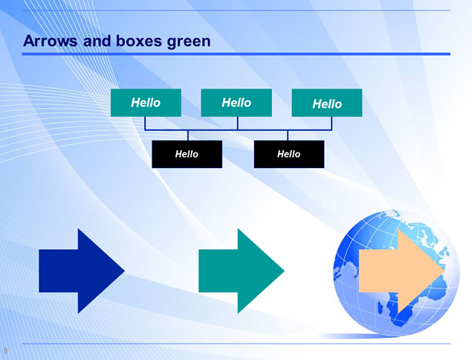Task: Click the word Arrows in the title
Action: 50,41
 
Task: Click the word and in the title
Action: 97,41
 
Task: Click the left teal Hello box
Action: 146,103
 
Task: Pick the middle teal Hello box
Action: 236,103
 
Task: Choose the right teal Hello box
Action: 327,103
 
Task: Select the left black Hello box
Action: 187,154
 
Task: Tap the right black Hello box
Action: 289,154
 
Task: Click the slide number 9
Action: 5,350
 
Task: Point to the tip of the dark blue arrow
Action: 124,271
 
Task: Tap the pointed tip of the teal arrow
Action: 284,271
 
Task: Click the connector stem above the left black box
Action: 188,135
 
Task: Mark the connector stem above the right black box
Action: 288,135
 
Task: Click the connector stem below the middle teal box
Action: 238,123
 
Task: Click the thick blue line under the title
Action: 236,54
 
